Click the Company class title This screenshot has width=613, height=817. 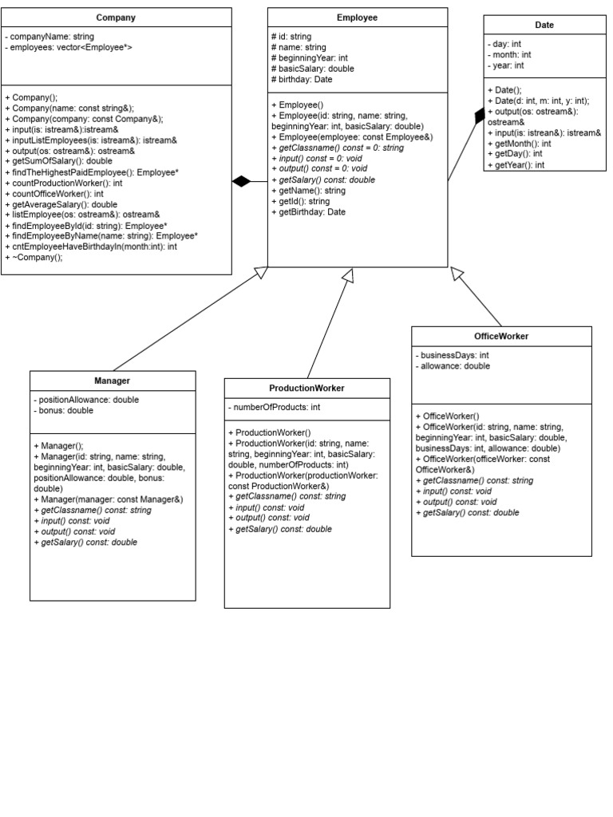click(x=116, y=18)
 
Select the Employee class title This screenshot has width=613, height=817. click(x=357, y=18)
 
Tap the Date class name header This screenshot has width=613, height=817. click(x=544, y=26)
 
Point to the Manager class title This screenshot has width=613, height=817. click(x=112, y=381)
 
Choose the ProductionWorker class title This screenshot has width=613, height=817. click(x=306, y=389)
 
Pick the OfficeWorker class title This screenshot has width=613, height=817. click(x=501, y=337)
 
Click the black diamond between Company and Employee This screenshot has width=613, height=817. click(x=242, y=182)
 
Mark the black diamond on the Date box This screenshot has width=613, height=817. click(x=479, y=116)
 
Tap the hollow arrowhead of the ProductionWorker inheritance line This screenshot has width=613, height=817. click(x=347, y=275)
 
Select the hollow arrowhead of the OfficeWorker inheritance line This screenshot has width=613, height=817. click(x=457, y=274)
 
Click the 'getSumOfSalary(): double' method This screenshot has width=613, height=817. click(x=59, y=161)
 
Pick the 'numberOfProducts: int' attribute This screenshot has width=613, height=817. click(x=276, y=408)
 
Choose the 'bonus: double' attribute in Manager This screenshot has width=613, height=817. click(x=64, y=411)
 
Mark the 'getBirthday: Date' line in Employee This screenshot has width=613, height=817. click(x=309, y=212)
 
